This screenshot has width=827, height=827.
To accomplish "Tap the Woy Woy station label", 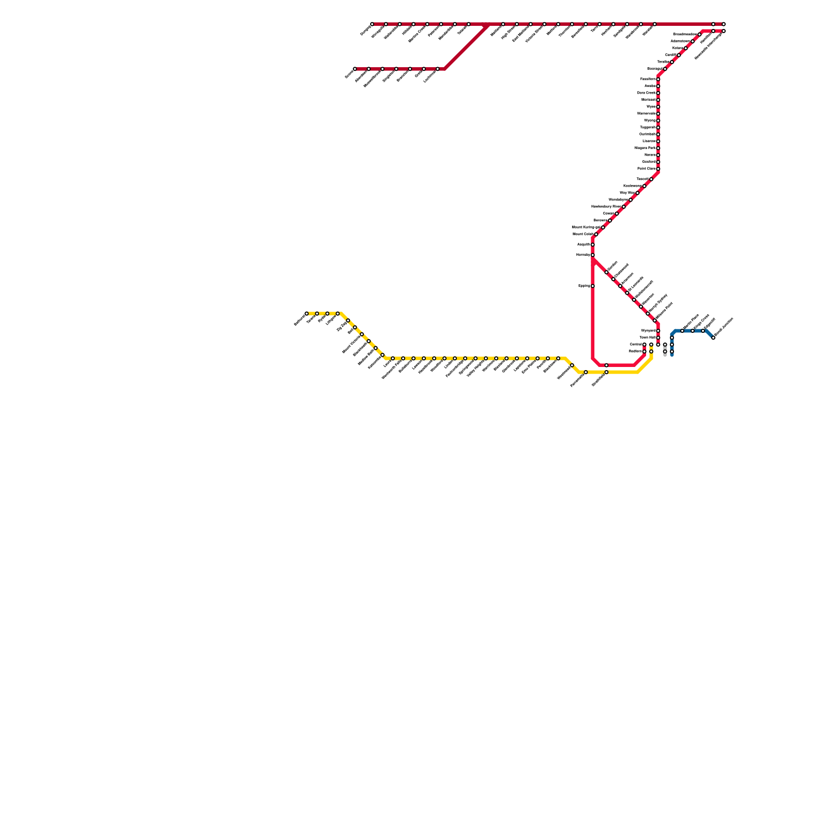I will [627, 193].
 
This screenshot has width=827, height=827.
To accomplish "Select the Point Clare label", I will [646, 169].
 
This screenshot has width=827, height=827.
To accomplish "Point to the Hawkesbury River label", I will [606, 206].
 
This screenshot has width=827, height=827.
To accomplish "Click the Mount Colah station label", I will [583, 234].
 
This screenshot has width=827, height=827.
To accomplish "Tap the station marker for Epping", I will [593, 286].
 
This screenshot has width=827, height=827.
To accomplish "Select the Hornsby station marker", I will [593, 255].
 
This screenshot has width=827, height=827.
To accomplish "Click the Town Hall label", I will [647, 338].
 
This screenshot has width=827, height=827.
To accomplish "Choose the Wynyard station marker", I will [658, 331].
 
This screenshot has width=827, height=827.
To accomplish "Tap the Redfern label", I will [635, 351].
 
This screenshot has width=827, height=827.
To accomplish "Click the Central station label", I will [636, 344].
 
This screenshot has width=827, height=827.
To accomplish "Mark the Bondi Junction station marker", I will [713, 338].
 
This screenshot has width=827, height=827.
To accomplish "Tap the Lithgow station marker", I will [338, 314].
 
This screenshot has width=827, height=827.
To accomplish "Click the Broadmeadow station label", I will [685, 35].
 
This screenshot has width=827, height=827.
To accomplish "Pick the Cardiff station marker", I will [679, 55].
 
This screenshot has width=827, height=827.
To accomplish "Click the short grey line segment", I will [665, 355].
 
